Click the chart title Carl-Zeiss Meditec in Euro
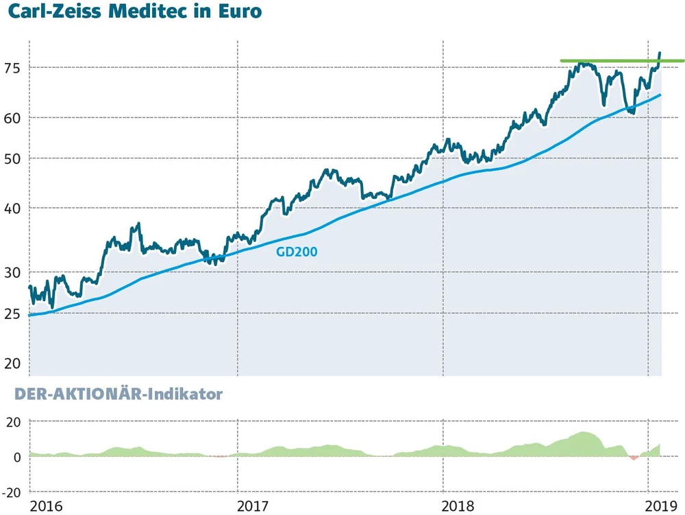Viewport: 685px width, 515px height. pyautogui.click(x=135, y=12)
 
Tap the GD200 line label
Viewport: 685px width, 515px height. pyautogui.click(x=297, y=252)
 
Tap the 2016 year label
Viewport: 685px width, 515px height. pyautogui.click(x=47, y=506)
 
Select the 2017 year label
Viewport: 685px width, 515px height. pyautogui.click(x=253, y=506)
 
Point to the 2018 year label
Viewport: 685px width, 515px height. pyautogui.click(x=460, y=506)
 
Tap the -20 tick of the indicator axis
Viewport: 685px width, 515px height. pyautogui.click(x=13, y=492)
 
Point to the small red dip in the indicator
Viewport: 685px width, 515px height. pyautogui.click(x=634, y=457)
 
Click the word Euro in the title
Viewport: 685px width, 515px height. pyautogui.click(x=239, y=12)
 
